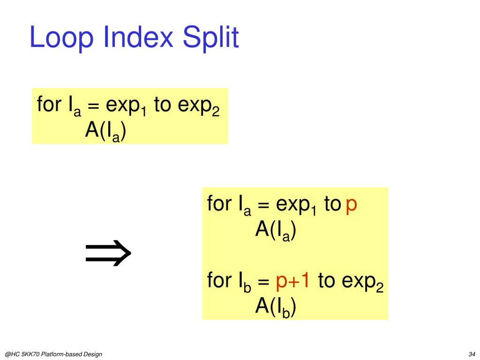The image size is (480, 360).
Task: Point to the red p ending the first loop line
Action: click(352, 205)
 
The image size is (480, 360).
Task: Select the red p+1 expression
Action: click(292, 281)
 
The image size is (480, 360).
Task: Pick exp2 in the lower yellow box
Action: click(363, 282)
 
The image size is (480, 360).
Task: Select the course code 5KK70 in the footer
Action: click(30, 354)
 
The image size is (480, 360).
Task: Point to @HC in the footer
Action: click(11, 354)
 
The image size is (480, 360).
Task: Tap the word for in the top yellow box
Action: click(47, 105)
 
